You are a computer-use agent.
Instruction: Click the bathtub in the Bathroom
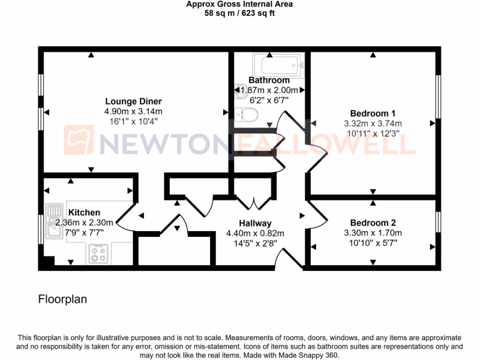[279, 65]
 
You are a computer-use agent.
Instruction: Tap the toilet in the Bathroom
[246, 114]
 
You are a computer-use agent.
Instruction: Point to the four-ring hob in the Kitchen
[98, 254]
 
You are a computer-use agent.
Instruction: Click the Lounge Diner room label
[133, 101]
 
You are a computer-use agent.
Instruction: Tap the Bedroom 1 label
[373, 113]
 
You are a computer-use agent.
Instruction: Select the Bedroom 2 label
[373, 223]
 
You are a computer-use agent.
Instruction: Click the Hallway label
[255, 223]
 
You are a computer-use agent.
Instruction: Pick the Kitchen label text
[84, 213]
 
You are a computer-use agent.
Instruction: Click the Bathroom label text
[269, 80]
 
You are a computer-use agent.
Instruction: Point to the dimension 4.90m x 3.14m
[133, 112]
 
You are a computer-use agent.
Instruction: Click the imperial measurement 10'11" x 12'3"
[373, 134]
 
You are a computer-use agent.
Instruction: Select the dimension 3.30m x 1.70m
[373, 233]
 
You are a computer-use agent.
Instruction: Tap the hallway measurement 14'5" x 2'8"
[255, 243]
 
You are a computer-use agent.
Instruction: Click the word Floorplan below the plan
[62, 299]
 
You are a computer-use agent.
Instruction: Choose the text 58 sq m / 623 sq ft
[240, 13]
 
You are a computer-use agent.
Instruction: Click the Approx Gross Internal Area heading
[240, 5]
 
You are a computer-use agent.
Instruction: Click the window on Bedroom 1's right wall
[438, 97]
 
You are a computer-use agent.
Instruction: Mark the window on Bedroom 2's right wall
[438, 221]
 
